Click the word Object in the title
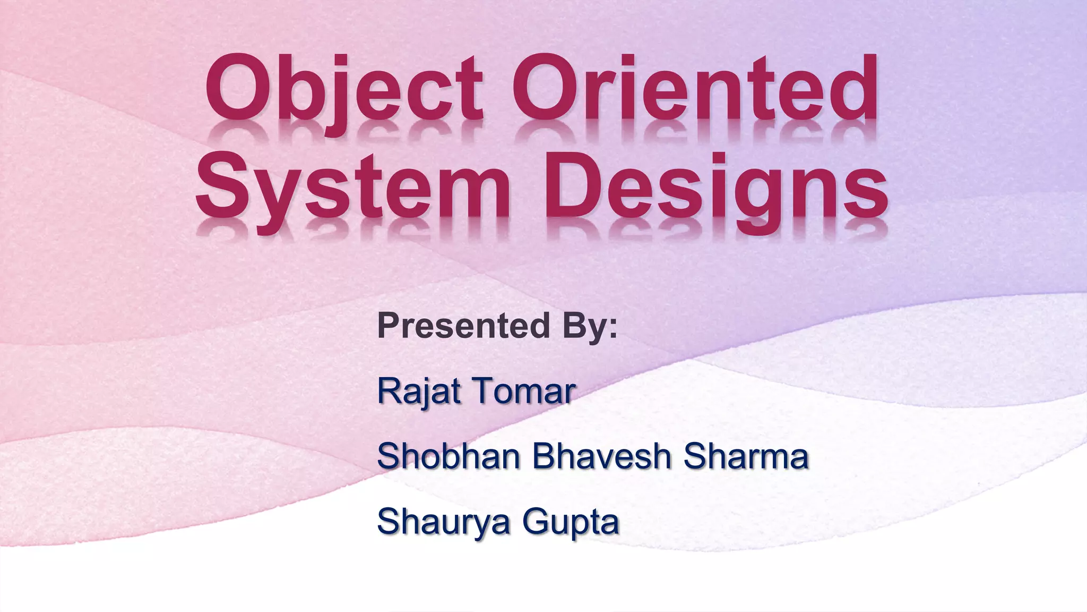[344, 90]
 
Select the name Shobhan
[448, 456]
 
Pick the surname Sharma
[746, 456]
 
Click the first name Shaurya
[444, 522]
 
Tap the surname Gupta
[571, 522]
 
